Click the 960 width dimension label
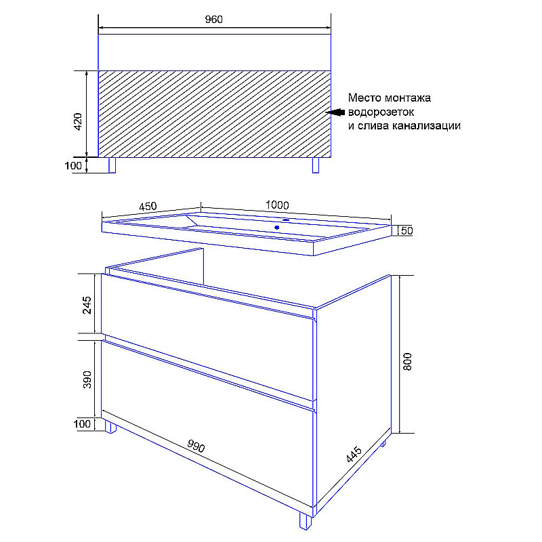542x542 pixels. (x=213, y=20)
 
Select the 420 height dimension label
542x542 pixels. (x=78, y=122)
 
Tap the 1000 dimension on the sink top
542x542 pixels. (x=277, y=205)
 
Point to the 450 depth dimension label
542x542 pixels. (x=148, y=207)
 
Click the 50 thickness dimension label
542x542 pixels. (x=407, y=230)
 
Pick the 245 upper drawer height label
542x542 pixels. (x=87, y=305)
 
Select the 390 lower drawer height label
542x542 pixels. (x=87, y=379)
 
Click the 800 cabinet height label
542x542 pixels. (x=408, y=362)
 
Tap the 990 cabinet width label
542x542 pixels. (x=196, y=446)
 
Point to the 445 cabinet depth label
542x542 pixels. (x=354, y=455)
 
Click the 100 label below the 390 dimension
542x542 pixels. (x=82, y=424)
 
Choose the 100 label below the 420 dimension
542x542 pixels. (x=73, y=165)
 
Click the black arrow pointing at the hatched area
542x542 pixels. (x=335, y=112)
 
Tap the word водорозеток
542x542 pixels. (x=381, y=112)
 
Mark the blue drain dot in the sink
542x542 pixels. (x=277, y=228)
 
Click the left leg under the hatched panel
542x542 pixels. (x=112, y=165)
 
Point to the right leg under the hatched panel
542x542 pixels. (x=316, y=165)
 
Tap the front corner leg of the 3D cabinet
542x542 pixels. (x=306, y=520)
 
